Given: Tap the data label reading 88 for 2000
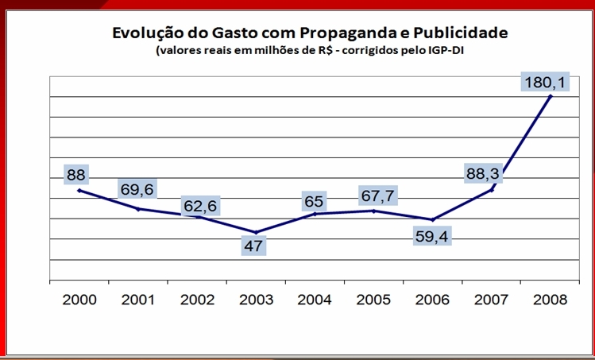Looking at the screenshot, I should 76,174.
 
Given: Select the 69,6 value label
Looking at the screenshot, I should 139,189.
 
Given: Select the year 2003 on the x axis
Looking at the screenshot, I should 256,300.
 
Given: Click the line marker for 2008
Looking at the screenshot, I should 551,95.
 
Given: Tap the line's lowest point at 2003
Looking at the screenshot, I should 256,232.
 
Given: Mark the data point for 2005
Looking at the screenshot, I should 374,211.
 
